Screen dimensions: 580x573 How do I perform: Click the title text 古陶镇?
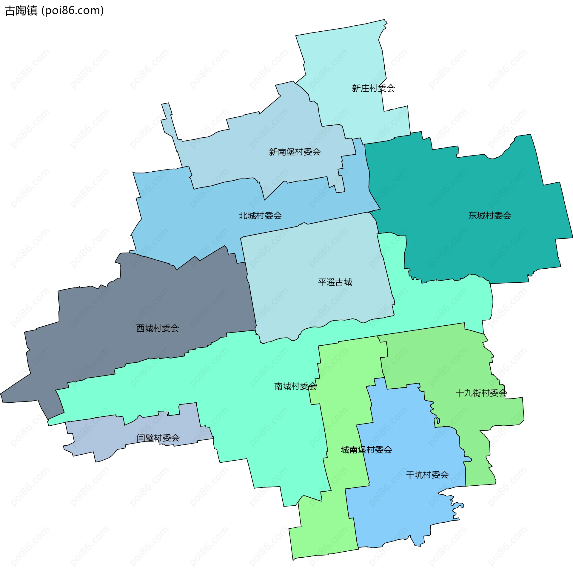[x=21, y=11]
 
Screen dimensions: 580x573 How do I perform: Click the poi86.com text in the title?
[x=73, y=11]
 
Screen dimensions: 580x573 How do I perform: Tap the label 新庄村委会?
[x=373, y=88]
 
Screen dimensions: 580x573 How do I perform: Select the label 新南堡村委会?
[x=295, y=152]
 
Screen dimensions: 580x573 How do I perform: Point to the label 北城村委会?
[x=260, y=216]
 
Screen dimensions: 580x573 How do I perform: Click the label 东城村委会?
[x=489, y=216]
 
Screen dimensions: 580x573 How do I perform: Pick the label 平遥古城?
[x=335, y=282]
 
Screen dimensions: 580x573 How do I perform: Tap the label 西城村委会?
[x=157, y=328]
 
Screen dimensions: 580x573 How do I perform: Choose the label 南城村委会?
[x=295, y=386]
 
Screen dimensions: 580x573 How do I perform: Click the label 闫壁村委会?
[x=158, y=438]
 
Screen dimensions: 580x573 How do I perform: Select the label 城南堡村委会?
[x=366, y=450]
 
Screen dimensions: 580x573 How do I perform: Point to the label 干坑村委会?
[x=427, y=475]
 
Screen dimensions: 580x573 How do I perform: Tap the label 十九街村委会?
[x=481, y=393]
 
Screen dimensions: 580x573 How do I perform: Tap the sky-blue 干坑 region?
[x=405, y=510]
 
